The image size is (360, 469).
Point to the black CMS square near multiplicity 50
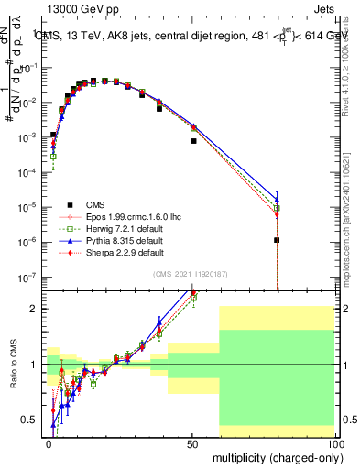coord(193,141)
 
